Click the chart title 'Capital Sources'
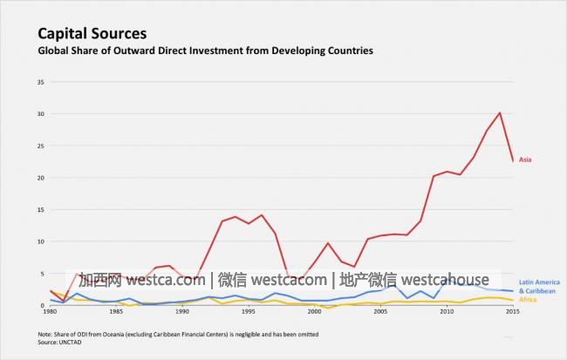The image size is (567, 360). (92, 34)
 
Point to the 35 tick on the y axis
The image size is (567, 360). (41, 82)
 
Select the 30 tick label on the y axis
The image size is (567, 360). (41, 114)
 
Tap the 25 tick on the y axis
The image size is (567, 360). (41, 146)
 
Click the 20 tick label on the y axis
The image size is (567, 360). (41, 178)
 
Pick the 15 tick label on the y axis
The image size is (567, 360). (41, 209)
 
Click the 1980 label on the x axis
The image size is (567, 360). (50, 311)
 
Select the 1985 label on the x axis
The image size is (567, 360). (116, 311)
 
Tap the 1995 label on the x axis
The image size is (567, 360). (249, 311)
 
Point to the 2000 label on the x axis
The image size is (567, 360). (314, 311)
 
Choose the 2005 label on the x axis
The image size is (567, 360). (380, 311)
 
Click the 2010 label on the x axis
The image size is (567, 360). (447, 311)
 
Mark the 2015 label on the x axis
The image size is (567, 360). (512, 311)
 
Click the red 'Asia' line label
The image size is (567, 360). (525, 160)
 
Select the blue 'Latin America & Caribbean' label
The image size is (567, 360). (538, 286)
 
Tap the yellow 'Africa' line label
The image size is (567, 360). (528, 300)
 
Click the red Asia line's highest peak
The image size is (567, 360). (499, 112)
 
